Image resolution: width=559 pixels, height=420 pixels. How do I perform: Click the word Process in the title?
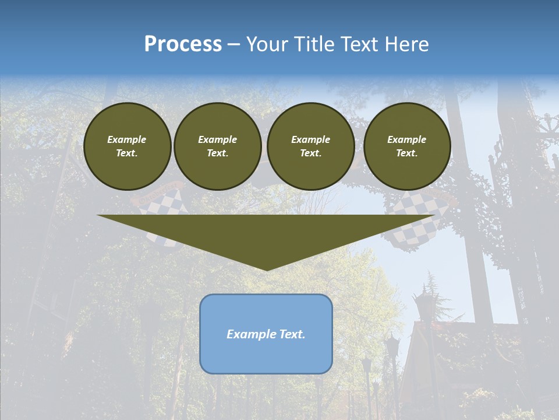[183, 44]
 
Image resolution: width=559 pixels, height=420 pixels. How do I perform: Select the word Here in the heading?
[407, 44]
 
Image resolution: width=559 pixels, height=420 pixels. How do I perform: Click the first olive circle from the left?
[127, 146]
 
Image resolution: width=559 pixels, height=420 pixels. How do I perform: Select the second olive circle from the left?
[217, 146]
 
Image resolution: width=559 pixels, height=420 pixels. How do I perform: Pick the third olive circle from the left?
[310, 146]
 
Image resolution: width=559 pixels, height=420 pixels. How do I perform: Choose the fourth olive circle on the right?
[406, 146]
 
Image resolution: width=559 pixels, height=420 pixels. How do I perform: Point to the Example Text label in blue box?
[266, 334]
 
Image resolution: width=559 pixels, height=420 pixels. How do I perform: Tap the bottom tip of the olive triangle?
[266, 269]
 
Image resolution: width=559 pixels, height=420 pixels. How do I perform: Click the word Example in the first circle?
[127, 139]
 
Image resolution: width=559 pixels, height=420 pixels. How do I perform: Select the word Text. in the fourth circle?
[406, 153]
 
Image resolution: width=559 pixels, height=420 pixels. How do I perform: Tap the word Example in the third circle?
[310, 139]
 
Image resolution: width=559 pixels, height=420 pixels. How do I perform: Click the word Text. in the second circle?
[217, 153]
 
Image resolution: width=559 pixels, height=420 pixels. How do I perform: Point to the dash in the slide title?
[233, 44]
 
